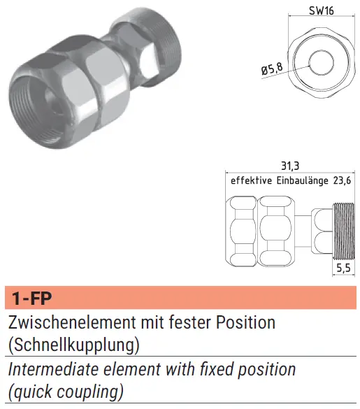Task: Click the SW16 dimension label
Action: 321,10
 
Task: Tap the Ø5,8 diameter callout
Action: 272,69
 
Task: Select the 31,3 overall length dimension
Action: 290,166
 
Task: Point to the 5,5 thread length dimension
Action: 343,268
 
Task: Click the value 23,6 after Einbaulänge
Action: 342,180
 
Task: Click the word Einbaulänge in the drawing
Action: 303,180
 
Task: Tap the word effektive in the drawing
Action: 251,180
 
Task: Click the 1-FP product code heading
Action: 32,298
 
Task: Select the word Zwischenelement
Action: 73,322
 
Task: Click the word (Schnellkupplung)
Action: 74,345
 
